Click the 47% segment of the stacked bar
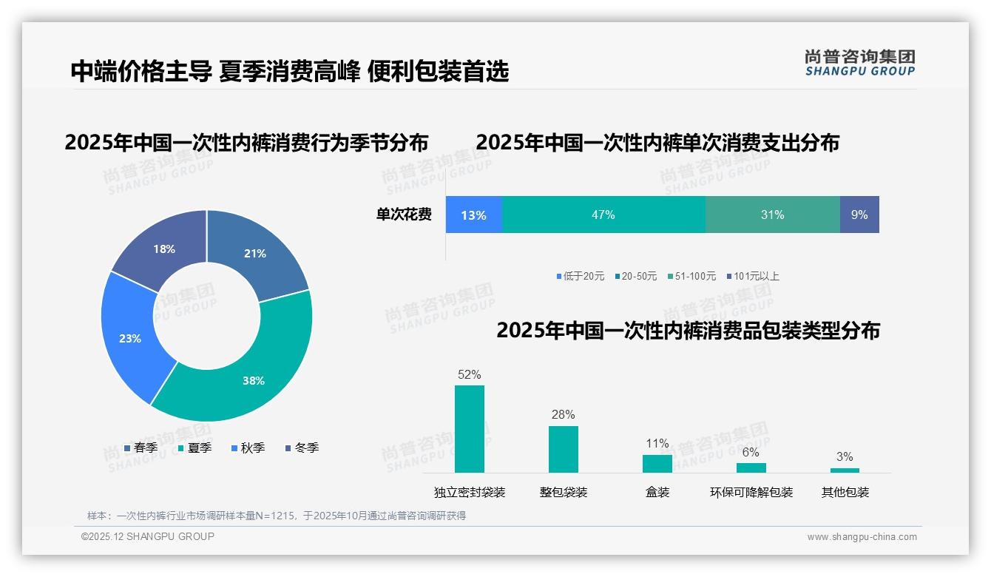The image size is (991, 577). click(603, 215)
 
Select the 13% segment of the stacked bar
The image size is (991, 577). click(474, 215)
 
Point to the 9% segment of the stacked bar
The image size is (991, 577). click(859, 215)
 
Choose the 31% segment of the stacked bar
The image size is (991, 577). click(772, 215)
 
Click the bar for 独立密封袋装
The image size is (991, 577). click(470, 429)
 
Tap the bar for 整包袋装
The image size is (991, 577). click(564, 449)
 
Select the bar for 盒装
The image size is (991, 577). click(657, 463)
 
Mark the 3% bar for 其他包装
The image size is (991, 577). click(845, 470)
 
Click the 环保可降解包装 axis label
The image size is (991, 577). click(751, 492)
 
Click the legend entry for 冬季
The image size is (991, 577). click(302, 448)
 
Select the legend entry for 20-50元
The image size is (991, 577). click(635, 276)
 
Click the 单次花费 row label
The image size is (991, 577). click(404, 215)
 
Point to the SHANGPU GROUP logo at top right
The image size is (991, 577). click(859, 62)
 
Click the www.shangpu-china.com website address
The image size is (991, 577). click(862, 537)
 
